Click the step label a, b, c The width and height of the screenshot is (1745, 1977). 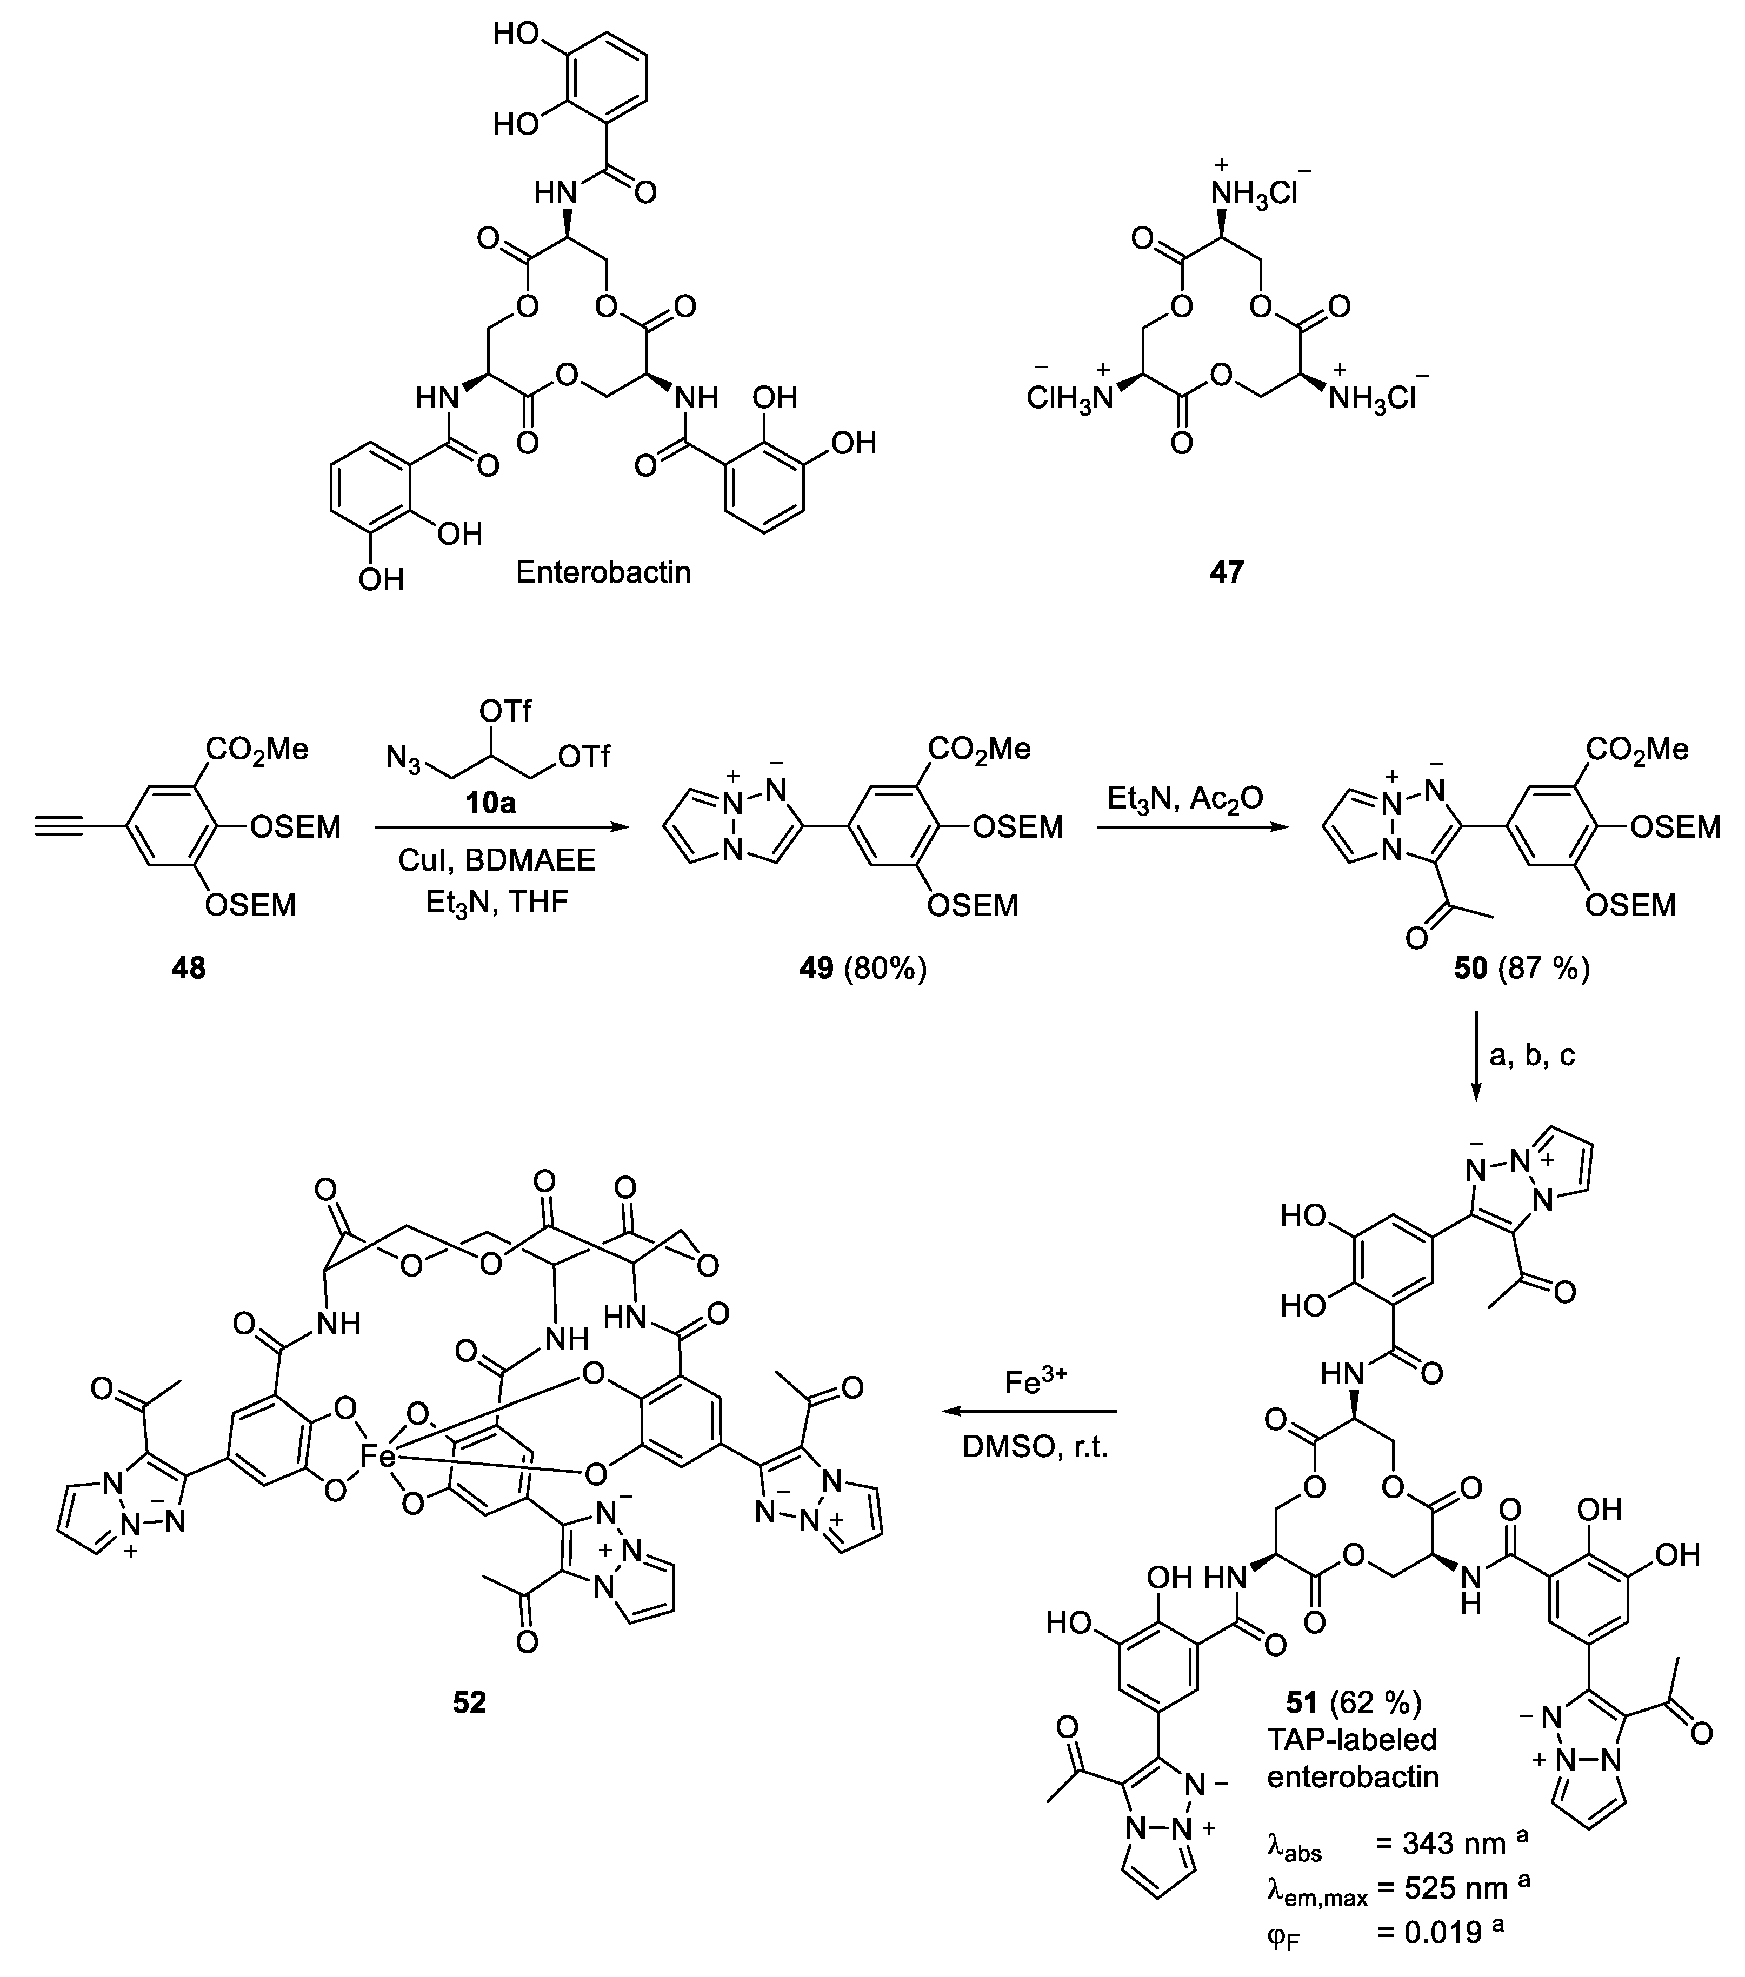(1532, 1054)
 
